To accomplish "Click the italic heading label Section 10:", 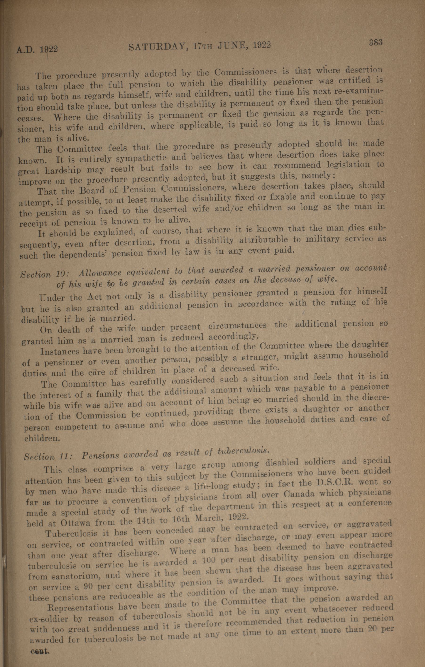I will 45,274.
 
